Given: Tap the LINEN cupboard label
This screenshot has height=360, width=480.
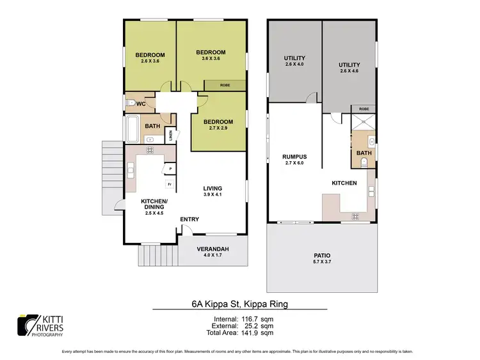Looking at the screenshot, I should coord(171,135).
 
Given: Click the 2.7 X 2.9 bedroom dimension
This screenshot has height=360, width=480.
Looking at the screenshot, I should coord(217,129).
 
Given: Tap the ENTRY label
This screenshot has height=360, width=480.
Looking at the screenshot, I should coord(189,219).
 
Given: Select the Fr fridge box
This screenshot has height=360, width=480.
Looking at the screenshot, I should coord(169,184).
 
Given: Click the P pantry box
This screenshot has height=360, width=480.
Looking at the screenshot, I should coord(169,168).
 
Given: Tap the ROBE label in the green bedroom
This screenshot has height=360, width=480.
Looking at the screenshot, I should coord(225,85).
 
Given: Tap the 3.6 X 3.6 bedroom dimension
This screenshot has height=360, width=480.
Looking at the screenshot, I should coord(211,59).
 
